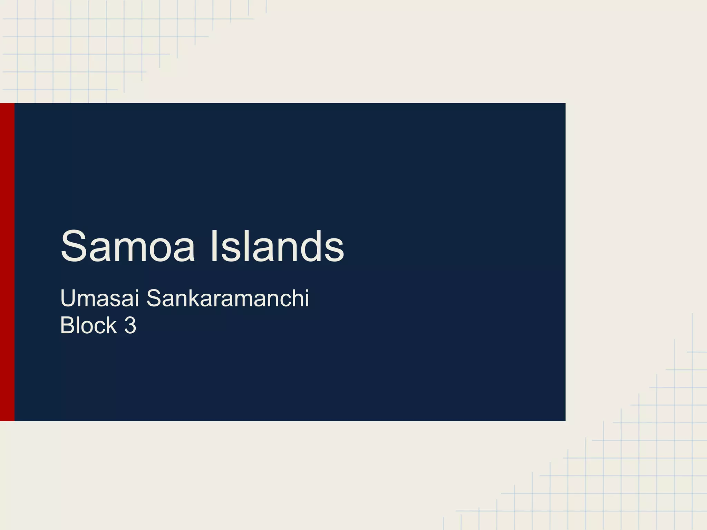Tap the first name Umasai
tap(99, 298)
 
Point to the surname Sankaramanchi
tap(228, 298)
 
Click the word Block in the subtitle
tap(88, 325)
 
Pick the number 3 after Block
tap(130, 325)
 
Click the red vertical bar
tap(7, 262)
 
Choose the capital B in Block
tap(66, 325)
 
